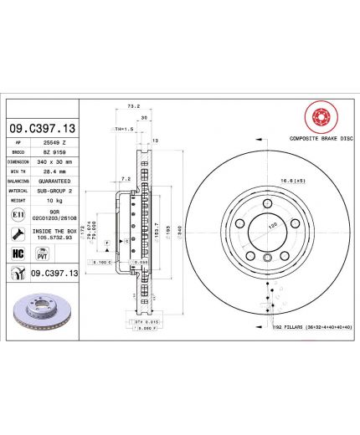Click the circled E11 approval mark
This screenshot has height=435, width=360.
18,215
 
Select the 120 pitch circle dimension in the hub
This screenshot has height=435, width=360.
270,226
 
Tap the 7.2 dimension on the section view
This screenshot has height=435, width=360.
125,179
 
